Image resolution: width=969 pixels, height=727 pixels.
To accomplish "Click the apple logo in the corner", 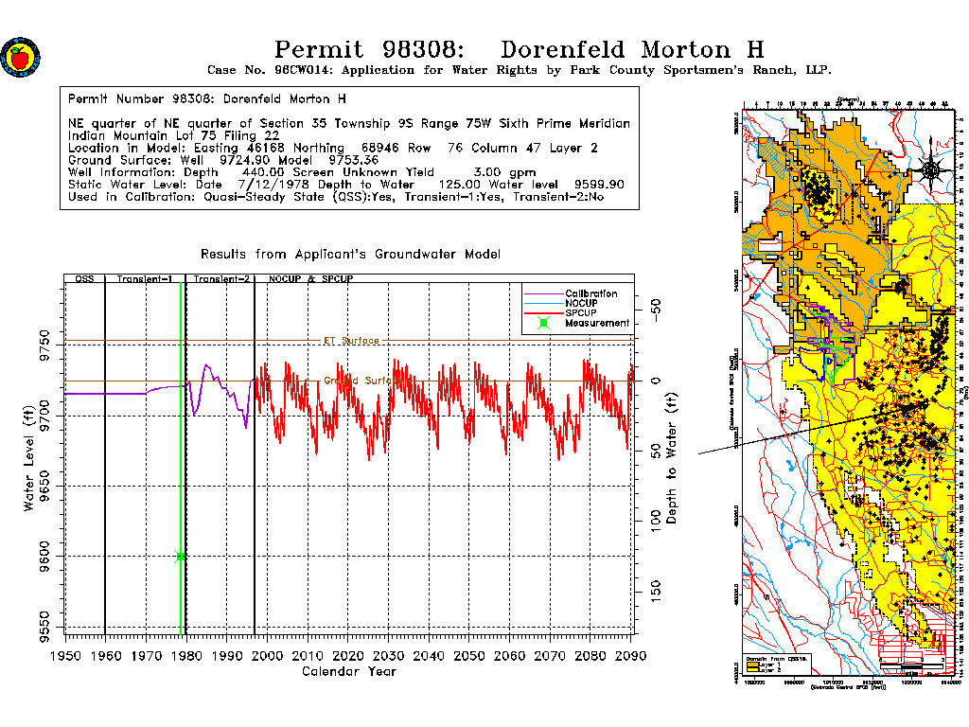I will (20, 58).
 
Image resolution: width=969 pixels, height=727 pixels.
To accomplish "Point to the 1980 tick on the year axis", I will (185, 654).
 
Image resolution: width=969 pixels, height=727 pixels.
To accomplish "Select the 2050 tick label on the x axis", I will (469, 654).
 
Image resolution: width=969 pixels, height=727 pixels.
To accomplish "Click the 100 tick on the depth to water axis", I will (654, 521).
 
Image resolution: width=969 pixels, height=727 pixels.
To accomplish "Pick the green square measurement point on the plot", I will (181, 557).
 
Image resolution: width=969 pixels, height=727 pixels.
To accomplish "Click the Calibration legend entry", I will (590, 294).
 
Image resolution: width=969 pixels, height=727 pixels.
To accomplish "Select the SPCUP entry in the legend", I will (581, 313).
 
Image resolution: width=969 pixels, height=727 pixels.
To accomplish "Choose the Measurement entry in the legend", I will (596, 324).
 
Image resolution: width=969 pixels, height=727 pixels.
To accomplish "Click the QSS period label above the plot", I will (84, 280).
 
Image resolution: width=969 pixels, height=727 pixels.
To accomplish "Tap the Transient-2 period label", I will (220, 280).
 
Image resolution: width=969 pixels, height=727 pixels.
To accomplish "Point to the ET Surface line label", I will (351, 341).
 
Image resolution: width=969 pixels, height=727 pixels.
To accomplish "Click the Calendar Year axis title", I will (348, 672).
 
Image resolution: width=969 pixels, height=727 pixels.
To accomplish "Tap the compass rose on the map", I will (930, 170).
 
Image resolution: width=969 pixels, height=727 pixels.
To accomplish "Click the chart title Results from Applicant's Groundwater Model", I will (350, 255).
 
